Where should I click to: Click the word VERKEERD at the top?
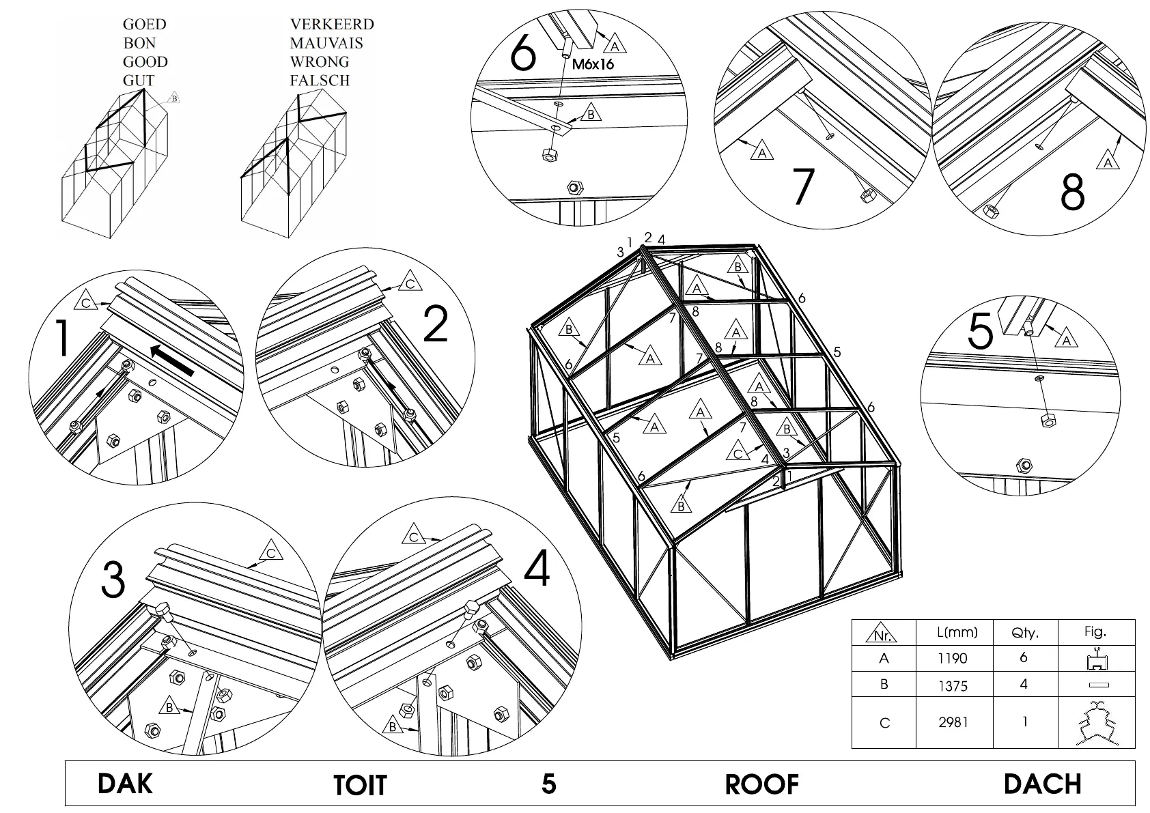pyautogui.click(x=332, y=25)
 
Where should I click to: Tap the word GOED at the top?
pyautogui.click(x=144, y=25)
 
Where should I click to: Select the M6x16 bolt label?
pyautogui.click(x=593, y=66)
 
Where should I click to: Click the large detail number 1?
pyautogui.click(x=62, y=339)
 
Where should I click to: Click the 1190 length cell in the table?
pyautogui.click(x=953, y=659)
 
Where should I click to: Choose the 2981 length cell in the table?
pyautogui.click(x=953, y=722)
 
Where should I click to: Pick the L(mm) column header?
pyautogui.click(x=957, y=632)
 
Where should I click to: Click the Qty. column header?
pyautogui.click(x=1024, y=633)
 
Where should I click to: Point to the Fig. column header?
pyautogui.click(x=1095, y=631)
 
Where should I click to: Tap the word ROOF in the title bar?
pyautogui.click(x=761, y=785)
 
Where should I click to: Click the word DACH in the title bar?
pyautogui.click(x=1042, y=784)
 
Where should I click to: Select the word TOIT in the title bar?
pyautogui.click(x=360, y=786)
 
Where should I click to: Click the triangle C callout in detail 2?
pyautogui.click(x=410, y=283)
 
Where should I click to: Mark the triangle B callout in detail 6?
pyautogui.click(x=591, y=114)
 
